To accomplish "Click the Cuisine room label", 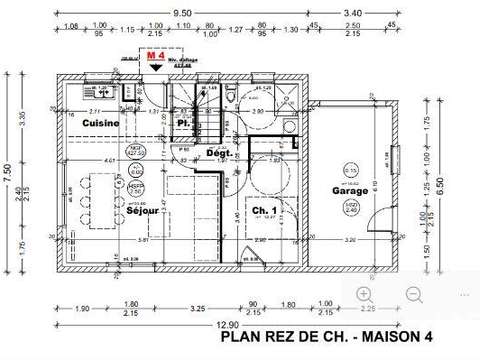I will (x=101, y=123).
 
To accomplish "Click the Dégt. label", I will (x=219, y=154).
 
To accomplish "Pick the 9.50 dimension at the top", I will (x=182, y=14).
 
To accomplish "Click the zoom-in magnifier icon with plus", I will (x=365, y=294).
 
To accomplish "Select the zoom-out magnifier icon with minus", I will (x=413, y=294).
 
